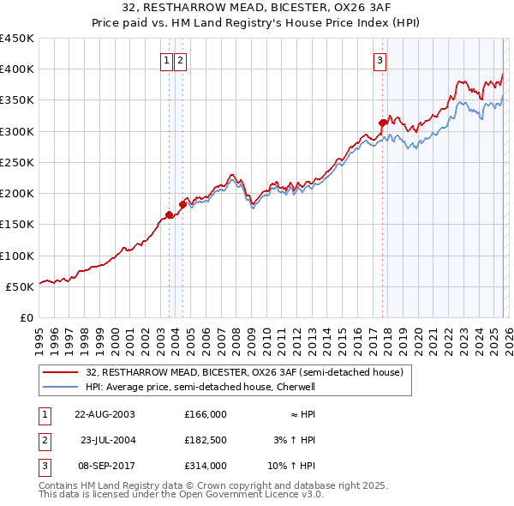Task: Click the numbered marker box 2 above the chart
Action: [181, 60]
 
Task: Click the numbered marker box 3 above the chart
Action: [380, 60]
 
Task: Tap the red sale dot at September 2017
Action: [382, 123]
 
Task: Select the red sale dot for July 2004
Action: [182, 204]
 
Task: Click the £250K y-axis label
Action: [17, 162]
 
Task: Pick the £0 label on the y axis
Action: [26, 317]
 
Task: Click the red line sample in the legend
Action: [61, 372]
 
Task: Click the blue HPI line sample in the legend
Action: [61, 387]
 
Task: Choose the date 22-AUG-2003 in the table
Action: [105, 414]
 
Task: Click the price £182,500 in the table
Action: [206, 440]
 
